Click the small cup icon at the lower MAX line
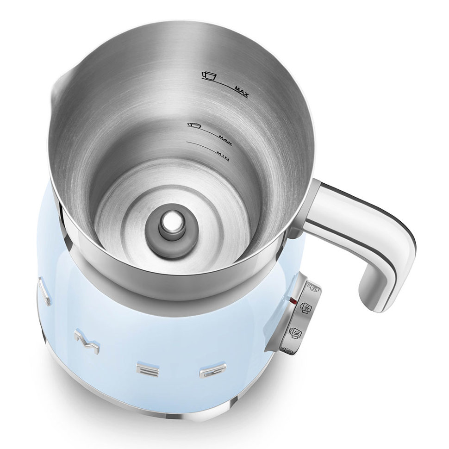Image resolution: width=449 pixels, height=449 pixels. click(x=194, y=125)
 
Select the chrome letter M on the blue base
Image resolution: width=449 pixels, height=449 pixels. click(x=87, y=342)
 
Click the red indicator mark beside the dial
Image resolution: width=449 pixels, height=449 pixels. click(x=293, y=301)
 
